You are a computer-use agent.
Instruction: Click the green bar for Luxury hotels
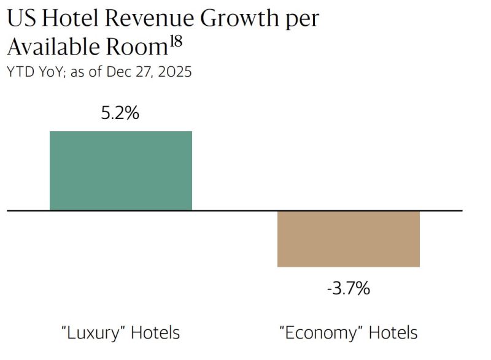click(121, 170)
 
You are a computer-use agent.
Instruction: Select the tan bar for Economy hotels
click(348, 239)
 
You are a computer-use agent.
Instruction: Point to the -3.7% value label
click(348, 288)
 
